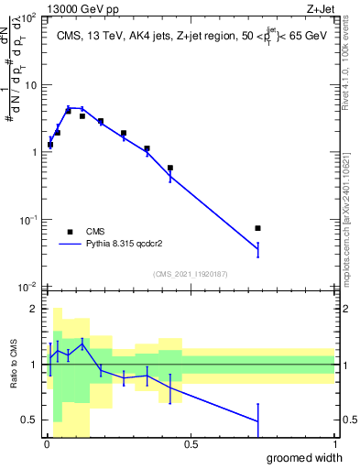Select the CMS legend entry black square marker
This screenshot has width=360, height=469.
pos(69,232)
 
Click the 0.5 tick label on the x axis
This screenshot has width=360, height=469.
pos(191,444)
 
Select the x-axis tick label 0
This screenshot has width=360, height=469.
pos(47,444)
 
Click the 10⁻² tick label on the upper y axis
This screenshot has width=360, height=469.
pos(27,287)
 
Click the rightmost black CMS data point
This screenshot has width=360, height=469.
pos(258,228)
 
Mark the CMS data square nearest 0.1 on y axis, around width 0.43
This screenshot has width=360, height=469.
pos(170,168)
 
